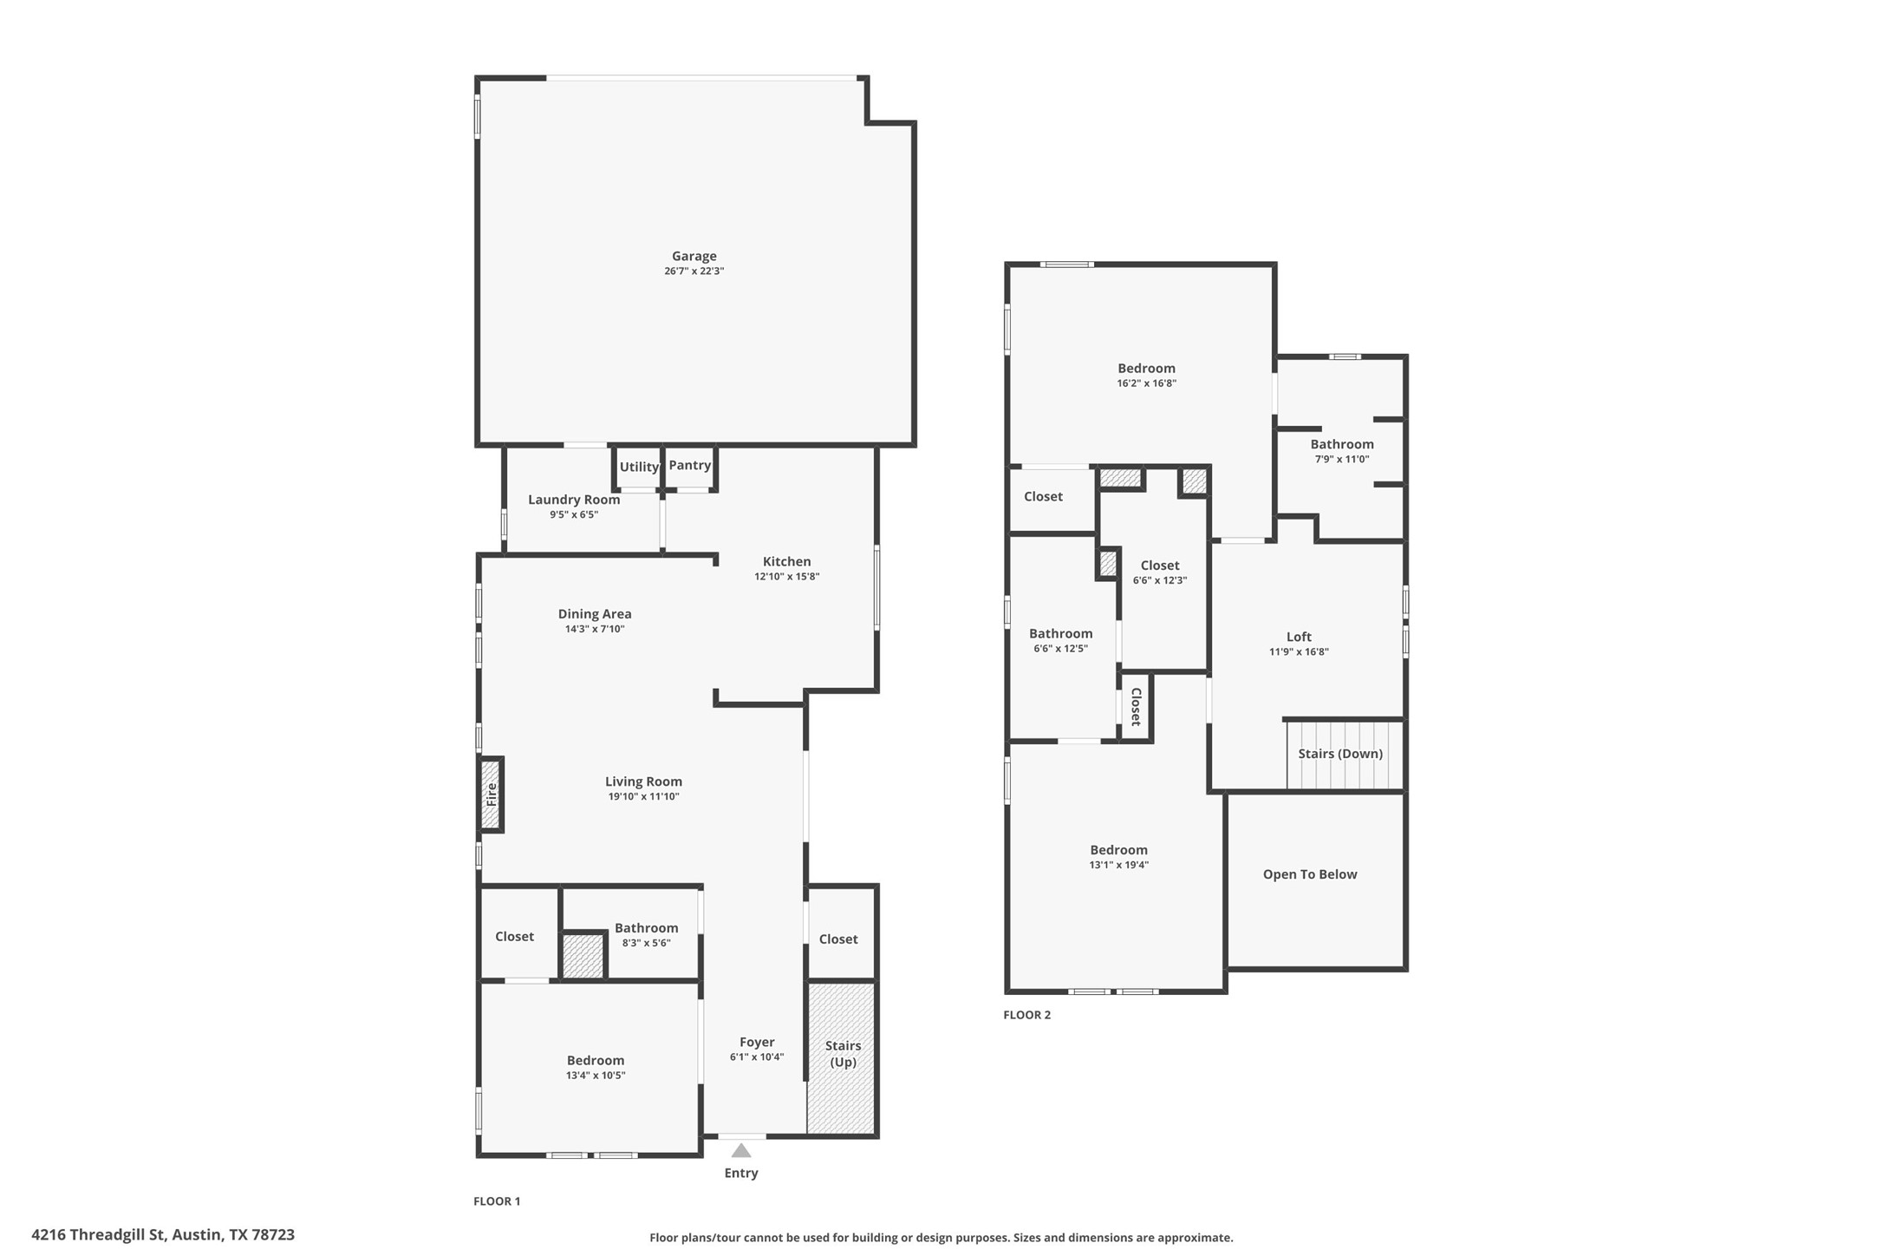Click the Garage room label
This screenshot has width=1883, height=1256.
694,256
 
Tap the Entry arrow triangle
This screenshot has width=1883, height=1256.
740,1151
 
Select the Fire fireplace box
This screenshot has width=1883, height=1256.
492,795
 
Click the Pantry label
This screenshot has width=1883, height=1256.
689,465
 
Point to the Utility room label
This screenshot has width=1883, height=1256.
639,467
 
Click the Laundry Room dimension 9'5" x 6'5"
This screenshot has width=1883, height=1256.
574,514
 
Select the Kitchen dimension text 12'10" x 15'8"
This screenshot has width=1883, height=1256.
786,576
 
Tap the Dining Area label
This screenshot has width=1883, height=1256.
595,614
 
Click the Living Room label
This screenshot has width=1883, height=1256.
643,782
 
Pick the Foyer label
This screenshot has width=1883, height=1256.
757,1043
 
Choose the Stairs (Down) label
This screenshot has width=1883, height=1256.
1339,754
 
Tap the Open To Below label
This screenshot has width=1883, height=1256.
1309,874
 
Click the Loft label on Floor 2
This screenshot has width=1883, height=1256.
1298,637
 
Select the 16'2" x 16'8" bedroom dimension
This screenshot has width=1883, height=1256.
1146,383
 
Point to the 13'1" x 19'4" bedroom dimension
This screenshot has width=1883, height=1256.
1118,865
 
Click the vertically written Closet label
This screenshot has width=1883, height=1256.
1135,707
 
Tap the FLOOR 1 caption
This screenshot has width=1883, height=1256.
497,1201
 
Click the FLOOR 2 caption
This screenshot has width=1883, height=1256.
1026,1015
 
